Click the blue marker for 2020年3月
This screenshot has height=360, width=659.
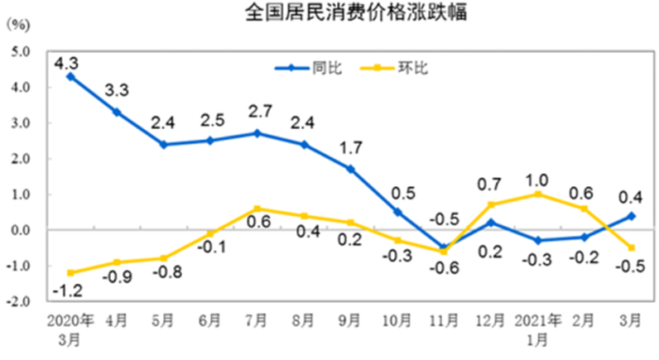[70, 76]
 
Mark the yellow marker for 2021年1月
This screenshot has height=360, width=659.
[539, 194]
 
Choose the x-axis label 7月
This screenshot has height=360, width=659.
[257, 319]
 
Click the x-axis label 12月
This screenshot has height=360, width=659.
[492, 319]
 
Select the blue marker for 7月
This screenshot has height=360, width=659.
[257, 133]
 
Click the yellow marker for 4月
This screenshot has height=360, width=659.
[117, 262]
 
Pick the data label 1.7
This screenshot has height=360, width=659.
[351, 151]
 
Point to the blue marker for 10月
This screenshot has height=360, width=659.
[398, 212]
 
